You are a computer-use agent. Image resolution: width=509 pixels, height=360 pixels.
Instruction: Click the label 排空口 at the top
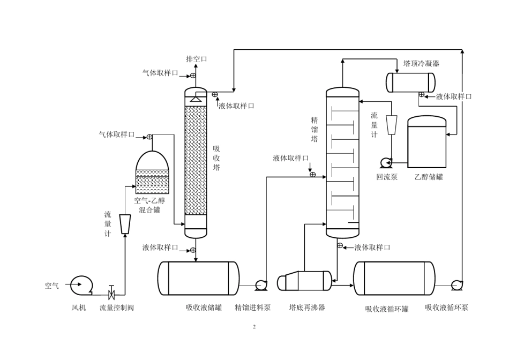(x=197, y=59)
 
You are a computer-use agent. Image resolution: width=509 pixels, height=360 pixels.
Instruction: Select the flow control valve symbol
(x=111, y=293)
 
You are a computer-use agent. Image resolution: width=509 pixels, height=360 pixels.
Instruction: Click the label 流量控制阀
(x=117, y=307)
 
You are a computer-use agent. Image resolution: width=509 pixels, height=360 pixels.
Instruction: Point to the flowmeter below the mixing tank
(x=125, y=224)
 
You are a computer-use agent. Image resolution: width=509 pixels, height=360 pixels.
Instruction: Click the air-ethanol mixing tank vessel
(x=152, y=172)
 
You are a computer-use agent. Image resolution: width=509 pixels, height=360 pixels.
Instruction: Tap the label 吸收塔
(x=216, y=158)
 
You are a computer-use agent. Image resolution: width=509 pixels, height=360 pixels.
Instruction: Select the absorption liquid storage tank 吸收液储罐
(x=198, y=278)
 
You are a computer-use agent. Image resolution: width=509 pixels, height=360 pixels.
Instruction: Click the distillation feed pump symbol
(x=261, y=285)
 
